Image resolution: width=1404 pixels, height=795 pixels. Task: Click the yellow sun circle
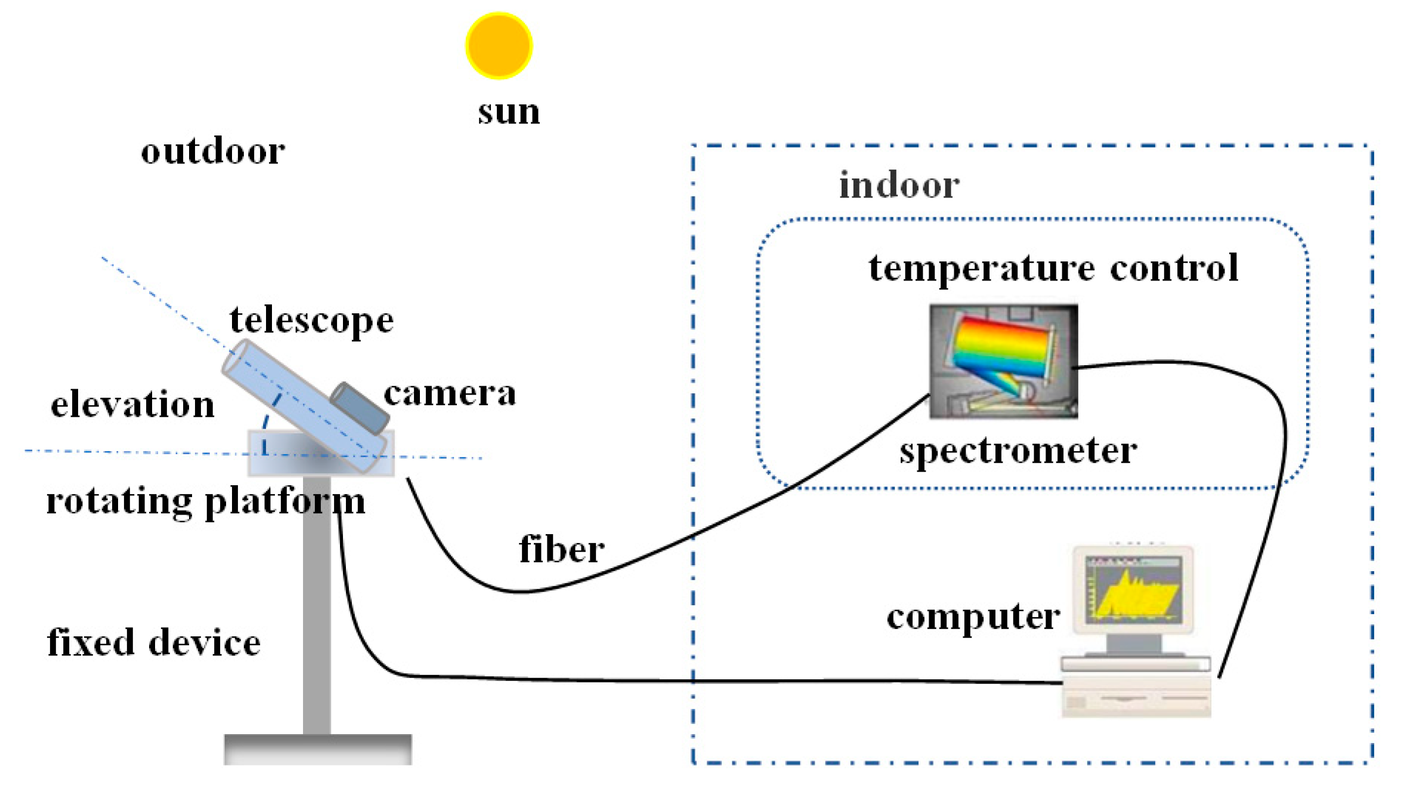click(x=499, y=46)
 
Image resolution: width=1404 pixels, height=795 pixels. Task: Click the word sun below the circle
click(x=509, y=112)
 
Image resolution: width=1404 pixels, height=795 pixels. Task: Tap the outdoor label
click(x=212, y=151)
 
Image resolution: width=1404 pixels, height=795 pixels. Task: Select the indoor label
click(x=899, y=185)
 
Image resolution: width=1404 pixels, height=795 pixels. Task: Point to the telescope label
click(x=311, y=321)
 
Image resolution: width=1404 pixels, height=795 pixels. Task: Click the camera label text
click(x=450, y=394)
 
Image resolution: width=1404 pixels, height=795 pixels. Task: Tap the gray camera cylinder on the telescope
click(x=360, y=408)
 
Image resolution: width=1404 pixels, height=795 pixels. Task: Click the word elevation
click(x=132, y=405)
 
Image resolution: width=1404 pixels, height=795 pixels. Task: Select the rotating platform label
click(x=205, y=501)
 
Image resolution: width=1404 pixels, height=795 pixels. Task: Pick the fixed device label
click(x=153, y=643)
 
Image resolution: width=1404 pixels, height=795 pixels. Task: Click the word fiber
click(x=561, y=549)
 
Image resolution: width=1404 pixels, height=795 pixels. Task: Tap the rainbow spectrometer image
click(x=1003, y=360)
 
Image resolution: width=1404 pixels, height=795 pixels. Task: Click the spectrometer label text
click(x=1018, y=451)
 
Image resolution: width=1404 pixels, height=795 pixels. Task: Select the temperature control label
click(x=1053, y=268)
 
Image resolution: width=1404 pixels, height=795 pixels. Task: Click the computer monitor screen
click(x=1133, y=589)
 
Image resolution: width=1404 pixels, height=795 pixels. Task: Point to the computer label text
click(x=973, y=617)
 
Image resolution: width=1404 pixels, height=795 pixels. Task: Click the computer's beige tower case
click(x=1136, y=697)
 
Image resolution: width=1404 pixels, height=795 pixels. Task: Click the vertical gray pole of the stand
click(x=317, y=603)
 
